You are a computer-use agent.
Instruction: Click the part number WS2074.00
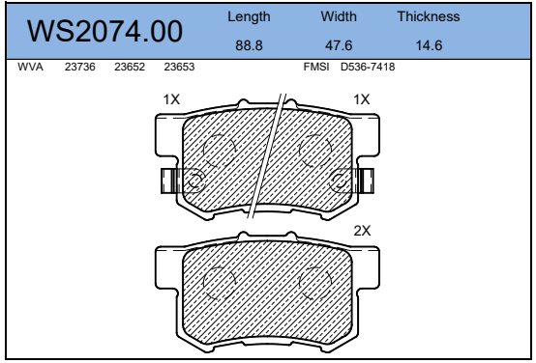104,32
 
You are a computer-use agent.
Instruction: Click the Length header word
249,16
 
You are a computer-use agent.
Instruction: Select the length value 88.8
249,45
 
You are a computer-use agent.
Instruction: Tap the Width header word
339,16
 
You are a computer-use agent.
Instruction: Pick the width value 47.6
339,45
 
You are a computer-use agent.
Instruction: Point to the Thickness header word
429,16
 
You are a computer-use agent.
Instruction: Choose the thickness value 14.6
429,45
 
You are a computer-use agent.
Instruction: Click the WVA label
30,67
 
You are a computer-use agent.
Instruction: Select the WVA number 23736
80,67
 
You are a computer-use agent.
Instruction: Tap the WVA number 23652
130,67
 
